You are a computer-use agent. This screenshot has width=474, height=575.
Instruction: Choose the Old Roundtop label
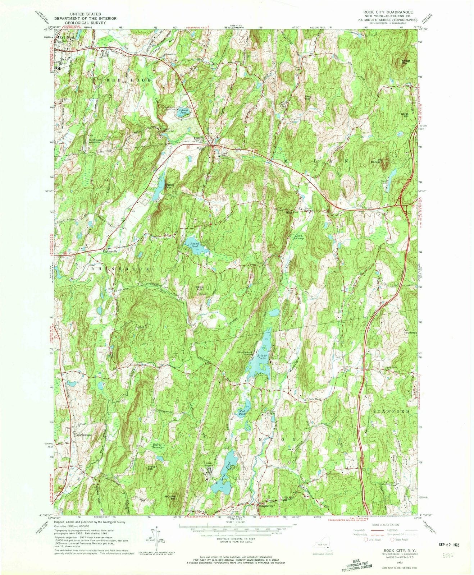tap(410, 331)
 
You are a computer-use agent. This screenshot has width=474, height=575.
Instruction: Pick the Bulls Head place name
tap(314, 399)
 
